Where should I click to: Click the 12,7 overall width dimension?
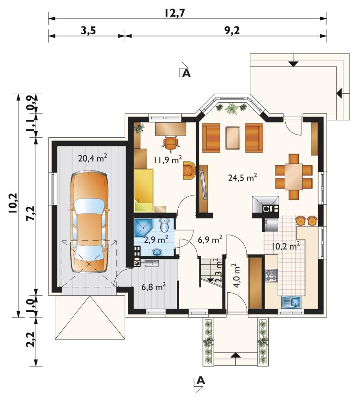click(x=175, y=13)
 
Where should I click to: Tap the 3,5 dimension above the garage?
click(x=88, y=31)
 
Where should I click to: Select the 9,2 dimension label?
click(x=232, y=31)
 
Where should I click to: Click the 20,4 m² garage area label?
click(x=92, y=158)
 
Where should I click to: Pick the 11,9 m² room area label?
click(x=168, y=159)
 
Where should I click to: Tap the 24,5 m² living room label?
click(x=243, y=177)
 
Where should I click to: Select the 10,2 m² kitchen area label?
click(x=286, y=245)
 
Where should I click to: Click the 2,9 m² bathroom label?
click(x=156, y=240)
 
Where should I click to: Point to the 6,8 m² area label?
click(x=153, y=286)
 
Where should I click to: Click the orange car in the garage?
click(x=89, y=222)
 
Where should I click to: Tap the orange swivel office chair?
click(x=170, y=143)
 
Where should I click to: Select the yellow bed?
click(x=144, y=190)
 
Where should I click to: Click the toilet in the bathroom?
click(x=164, y=225)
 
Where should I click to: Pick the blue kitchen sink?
click(x=291, y=302)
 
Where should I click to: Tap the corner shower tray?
click(x=143, y=227)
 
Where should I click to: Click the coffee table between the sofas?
click(x=233, y=138)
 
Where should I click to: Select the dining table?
click(x=293, y=177)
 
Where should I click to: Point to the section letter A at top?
click(x=186, y=73)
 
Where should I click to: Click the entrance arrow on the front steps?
click(x=236, y=355)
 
